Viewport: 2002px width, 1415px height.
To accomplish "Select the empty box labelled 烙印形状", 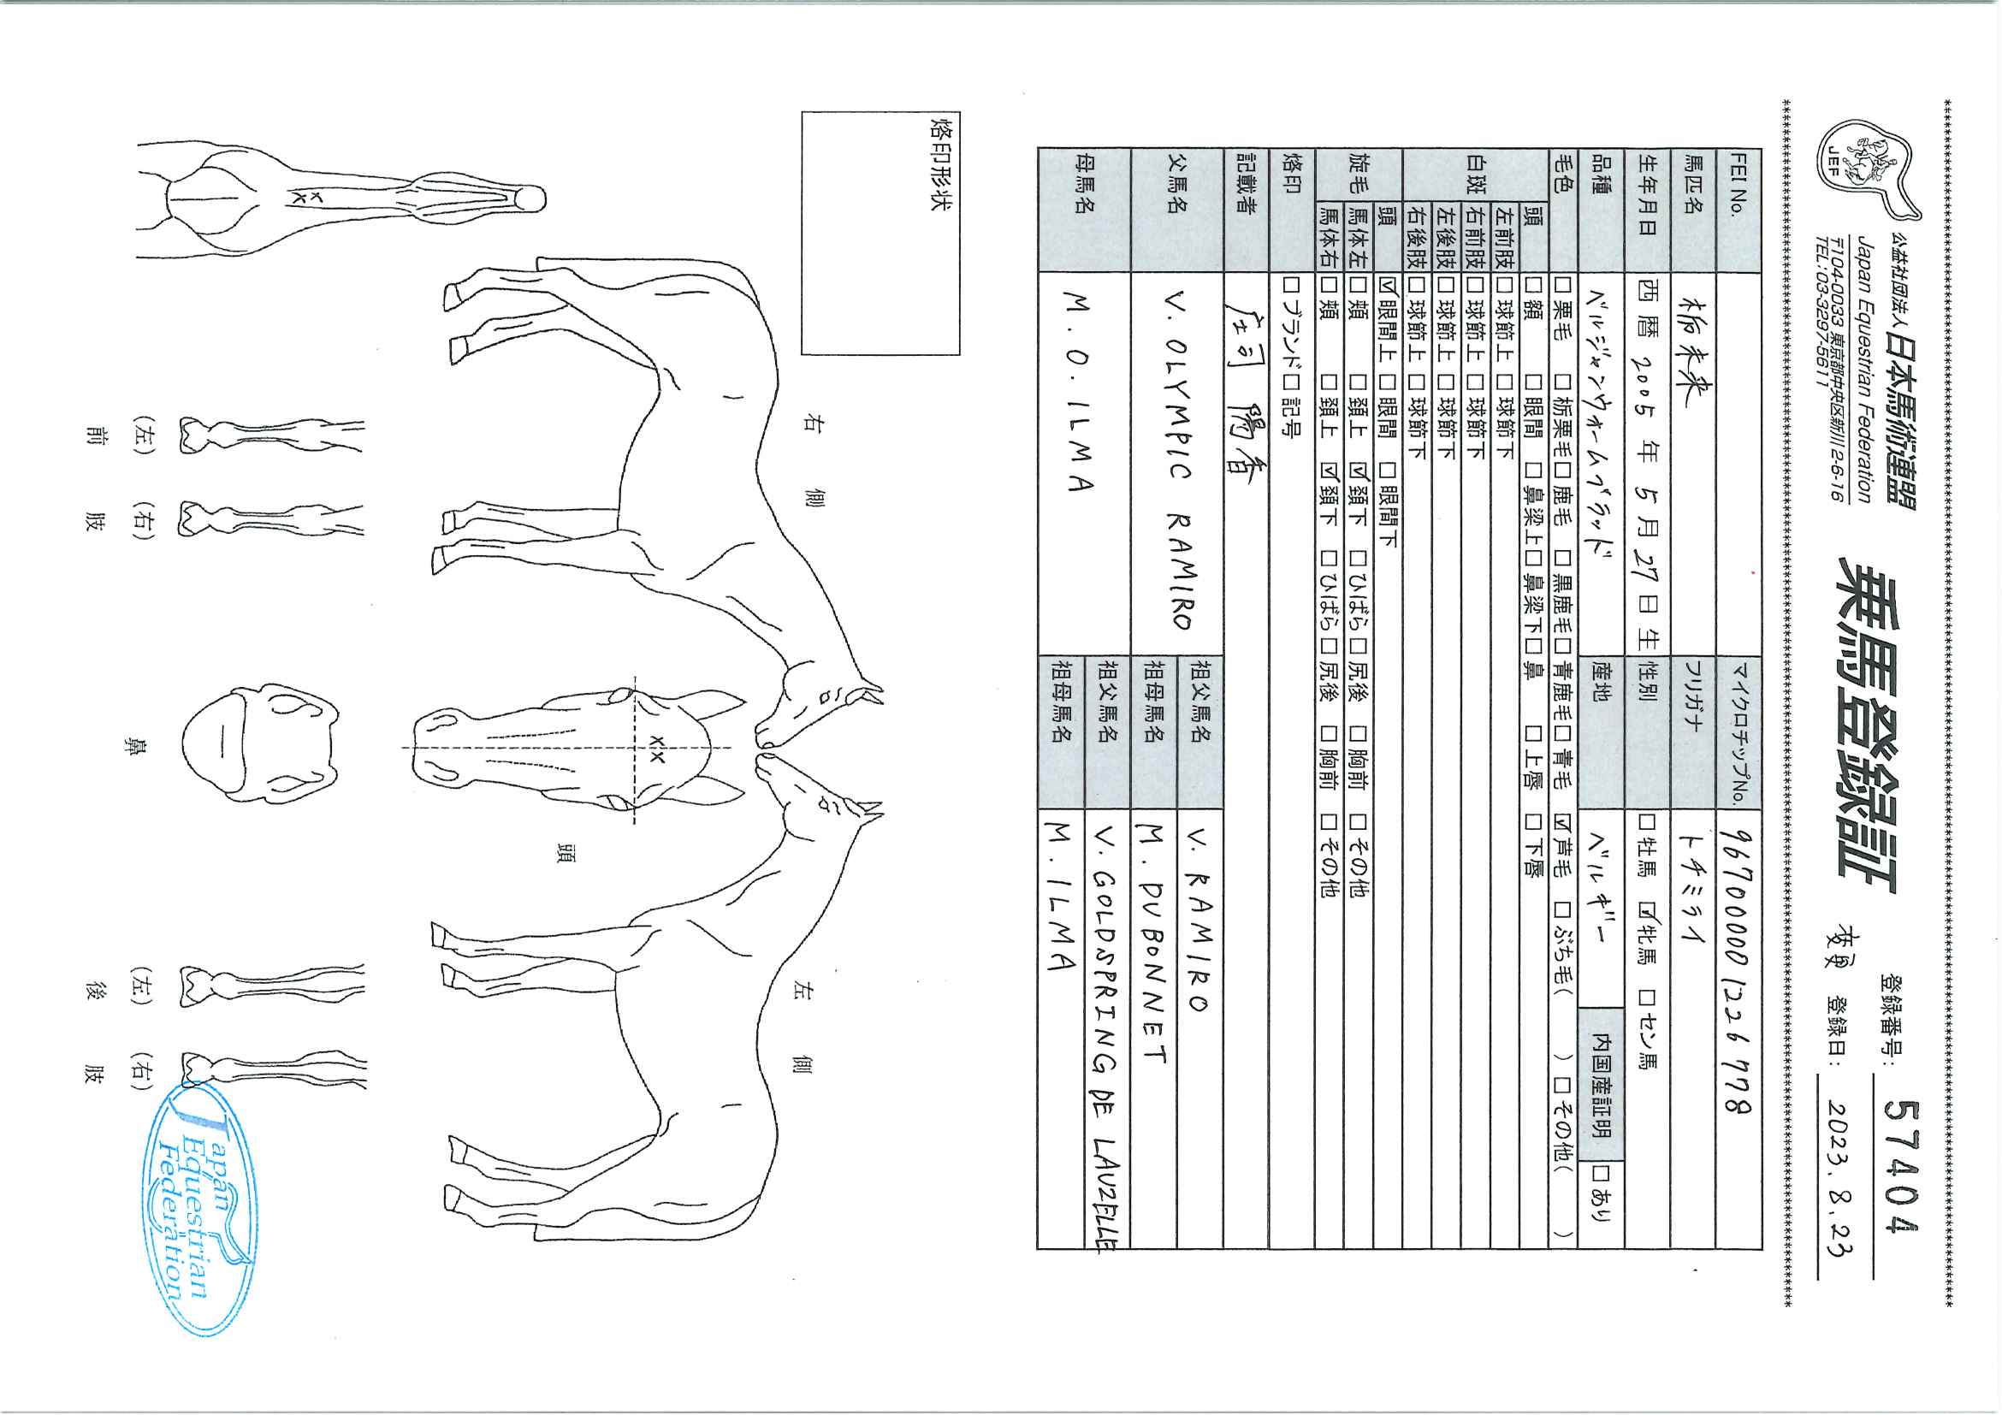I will [880, 233].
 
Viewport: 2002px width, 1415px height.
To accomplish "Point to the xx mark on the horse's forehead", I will [657, 749].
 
